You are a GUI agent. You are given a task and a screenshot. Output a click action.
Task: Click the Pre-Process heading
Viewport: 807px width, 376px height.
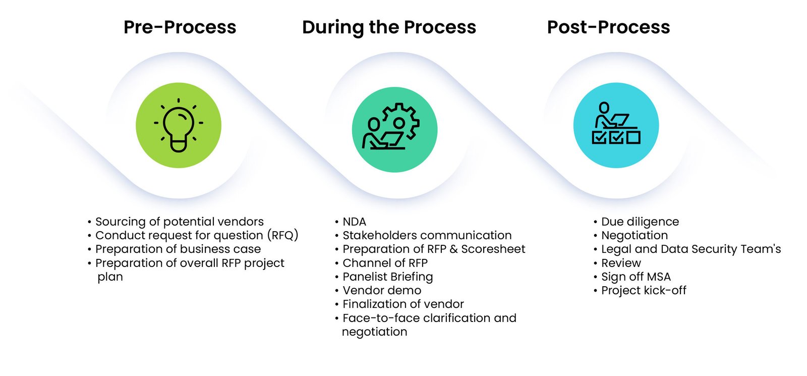pyautogui.click(x=180, y=27)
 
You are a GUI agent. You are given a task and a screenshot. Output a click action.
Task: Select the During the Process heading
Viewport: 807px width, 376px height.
pyautogui.click(x=389, y=27)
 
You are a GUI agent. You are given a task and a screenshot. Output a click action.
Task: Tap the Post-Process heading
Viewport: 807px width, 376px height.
pyautogui.click(x=608, y=27)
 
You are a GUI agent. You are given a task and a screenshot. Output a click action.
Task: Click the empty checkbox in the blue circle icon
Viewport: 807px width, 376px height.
pyautogui.click(x=633, y=137)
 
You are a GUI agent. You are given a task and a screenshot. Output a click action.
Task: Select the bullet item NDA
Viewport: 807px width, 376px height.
pyautogui.click(x=354, y=222)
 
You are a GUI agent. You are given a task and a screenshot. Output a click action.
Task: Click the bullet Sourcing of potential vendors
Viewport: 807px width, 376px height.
pyautogui.click(x=179, y=222)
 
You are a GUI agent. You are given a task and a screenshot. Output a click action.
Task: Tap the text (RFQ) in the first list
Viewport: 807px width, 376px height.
pyautogui.click(x=282, y=235)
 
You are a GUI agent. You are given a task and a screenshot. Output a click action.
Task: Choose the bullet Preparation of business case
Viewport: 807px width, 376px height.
pyautogui.click(x=178, y=249)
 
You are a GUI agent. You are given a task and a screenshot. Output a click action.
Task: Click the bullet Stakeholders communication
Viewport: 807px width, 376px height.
pyautogui.click(x=427, y=235)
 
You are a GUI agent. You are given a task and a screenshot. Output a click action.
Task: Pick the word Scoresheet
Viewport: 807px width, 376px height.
pyautogui.click(x=493, y=249)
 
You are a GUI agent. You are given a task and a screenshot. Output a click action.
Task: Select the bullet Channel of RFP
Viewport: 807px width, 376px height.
pyautogui.click(x=385, y=263)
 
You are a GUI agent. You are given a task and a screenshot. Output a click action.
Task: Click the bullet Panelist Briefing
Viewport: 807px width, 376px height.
pyautogui.click(x=387, y=277)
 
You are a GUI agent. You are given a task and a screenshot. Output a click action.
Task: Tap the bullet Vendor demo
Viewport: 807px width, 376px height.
pyautogui.click(x=381, y=290)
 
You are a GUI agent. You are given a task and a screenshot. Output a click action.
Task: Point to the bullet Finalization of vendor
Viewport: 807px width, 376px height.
pyautogui.click(x=402, y=304)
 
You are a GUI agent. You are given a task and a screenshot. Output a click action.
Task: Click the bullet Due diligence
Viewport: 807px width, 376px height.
pyautogui.click(x=640, y=222)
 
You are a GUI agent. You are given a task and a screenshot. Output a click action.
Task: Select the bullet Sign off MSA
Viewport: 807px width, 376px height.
pyautogui.click(x=636, y=277)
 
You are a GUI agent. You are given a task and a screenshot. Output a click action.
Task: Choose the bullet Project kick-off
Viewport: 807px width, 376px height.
pyautogui.click(x=644, y=290)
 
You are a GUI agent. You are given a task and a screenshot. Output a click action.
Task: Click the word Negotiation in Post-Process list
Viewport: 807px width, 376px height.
pyautogui.click(x=634, y=235)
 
